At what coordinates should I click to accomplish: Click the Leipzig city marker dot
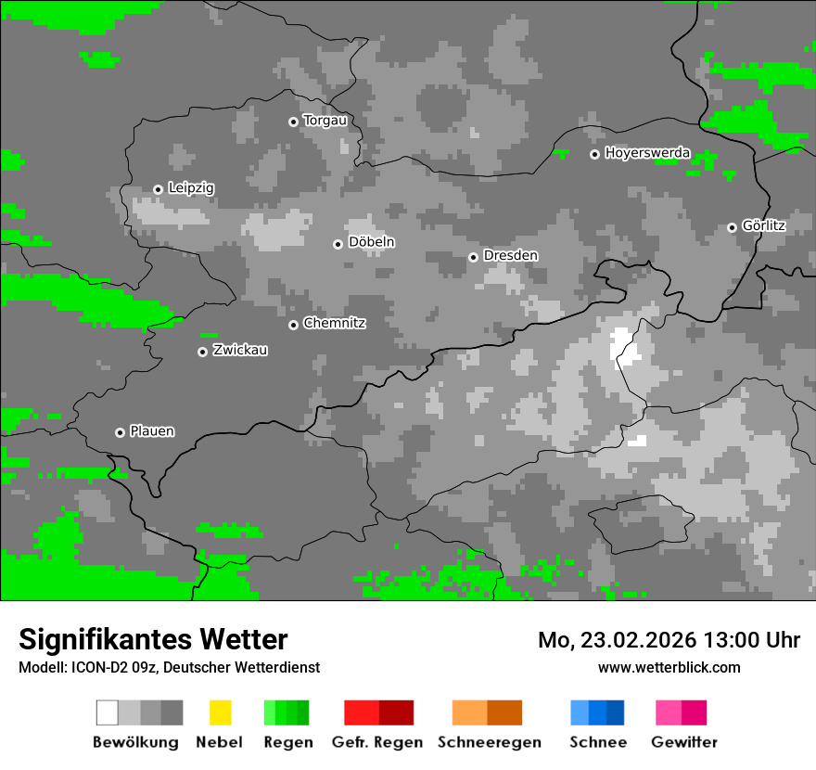pos(159,189)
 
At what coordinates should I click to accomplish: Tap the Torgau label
pos(325,121)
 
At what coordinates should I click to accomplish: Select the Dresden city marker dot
pos(473,257)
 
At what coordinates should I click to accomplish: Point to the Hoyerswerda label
pos(647,153)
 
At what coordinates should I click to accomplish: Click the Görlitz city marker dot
pos(732,227)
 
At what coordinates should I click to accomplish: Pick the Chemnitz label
pos(335,324)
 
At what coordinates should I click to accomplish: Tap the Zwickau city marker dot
pos(202,352)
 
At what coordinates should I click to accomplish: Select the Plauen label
pos(152,431)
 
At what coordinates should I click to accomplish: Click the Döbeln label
pos(371,242)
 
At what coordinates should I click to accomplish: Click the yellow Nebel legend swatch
pos(220,712)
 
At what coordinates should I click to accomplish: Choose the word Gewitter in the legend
pos(684,742)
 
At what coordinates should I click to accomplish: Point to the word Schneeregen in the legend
pos(489,742)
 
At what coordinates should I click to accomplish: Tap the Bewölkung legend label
pos(135,742)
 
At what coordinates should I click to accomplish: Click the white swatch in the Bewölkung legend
pos(107,712)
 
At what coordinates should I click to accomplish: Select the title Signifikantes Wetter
pos(153,639)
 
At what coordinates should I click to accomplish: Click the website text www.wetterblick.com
pos(669,667)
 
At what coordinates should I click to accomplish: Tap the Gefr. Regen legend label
pos(377,742)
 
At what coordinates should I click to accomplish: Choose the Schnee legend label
pos(598,742)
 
